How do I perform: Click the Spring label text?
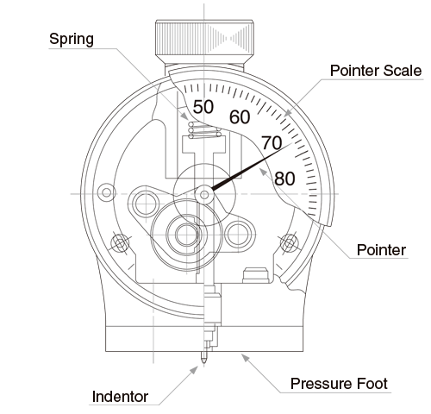click(72, 39)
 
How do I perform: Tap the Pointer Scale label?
click(376, 71)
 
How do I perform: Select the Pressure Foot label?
click(339, 384)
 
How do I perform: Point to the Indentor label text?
click(120, 397)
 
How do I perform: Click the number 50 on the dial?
click(203, 107)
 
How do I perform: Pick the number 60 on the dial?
click(240, 117)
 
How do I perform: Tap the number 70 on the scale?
click(272, 143)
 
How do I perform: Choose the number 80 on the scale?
click(284, 179)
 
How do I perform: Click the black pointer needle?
click(252, 166)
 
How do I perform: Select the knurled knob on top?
click(204, 39)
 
